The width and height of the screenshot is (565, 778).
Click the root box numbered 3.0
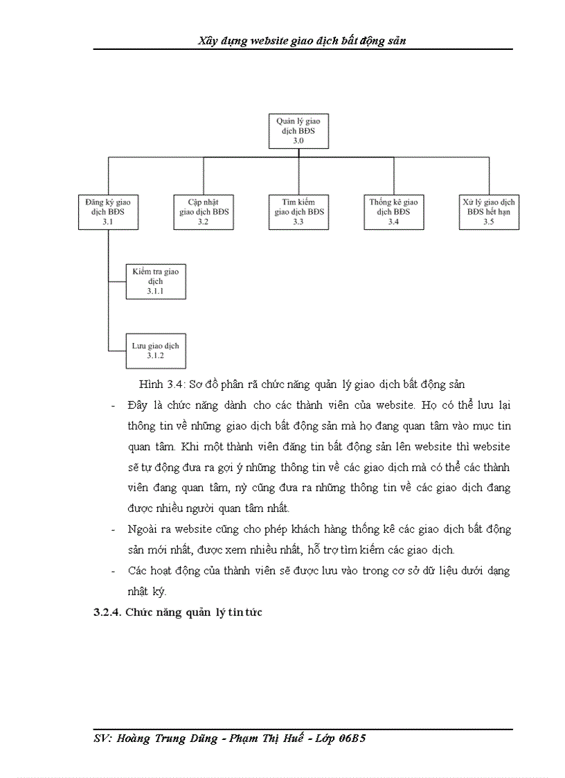[298, 130]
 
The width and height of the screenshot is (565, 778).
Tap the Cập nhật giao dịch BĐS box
[202, 211]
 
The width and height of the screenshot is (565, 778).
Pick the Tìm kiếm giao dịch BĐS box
[298, 211]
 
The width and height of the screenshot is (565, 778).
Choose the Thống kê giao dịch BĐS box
[393, 211]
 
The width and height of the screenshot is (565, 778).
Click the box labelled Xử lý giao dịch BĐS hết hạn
[489, 211]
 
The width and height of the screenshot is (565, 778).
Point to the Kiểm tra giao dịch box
[156, 281]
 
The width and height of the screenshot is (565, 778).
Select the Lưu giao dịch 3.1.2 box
[156, 350]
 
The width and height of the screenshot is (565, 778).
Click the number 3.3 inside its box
[298, 222]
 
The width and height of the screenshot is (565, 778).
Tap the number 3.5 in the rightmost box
[489, 222]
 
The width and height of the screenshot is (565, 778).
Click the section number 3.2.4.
[108, 612]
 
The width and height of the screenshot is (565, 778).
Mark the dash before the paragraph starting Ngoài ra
[114, 530]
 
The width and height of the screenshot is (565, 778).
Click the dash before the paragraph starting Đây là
[114, 405]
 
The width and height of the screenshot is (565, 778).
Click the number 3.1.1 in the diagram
[156, 292]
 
